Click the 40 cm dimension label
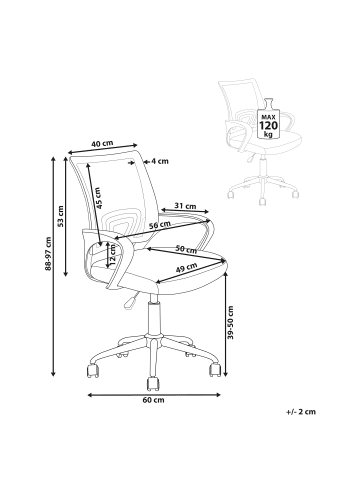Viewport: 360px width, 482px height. tap(102, 143)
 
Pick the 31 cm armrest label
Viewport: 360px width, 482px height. tap(185, 207)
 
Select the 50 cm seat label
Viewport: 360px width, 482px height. tap(186, 247)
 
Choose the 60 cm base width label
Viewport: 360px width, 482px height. tap(152, 400)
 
